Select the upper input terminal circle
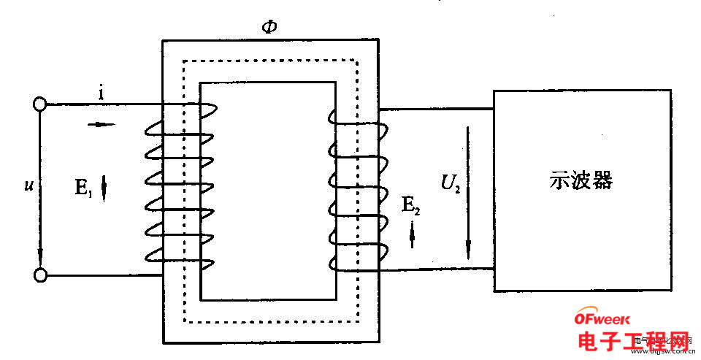40,104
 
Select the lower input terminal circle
40,275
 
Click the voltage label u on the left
28,185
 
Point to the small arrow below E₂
412,234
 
